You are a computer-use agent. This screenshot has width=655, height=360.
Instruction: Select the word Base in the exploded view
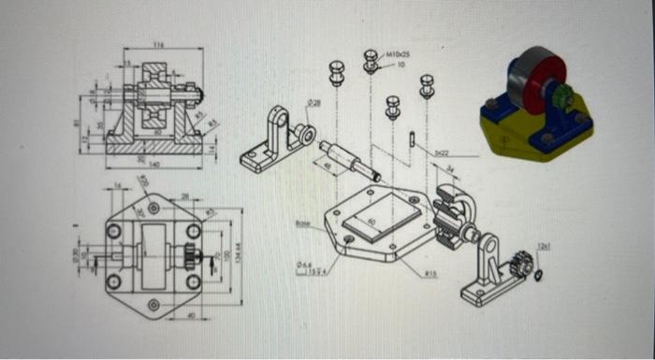coord(301,223)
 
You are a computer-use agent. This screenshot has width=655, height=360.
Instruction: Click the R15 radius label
coord(431,274)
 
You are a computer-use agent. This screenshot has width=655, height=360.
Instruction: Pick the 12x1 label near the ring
coord(544,246)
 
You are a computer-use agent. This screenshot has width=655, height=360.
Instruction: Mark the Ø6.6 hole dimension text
coord(301,265)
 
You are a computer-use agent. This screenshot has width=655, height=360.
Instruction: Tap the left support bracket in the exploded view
coord(276,140)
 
